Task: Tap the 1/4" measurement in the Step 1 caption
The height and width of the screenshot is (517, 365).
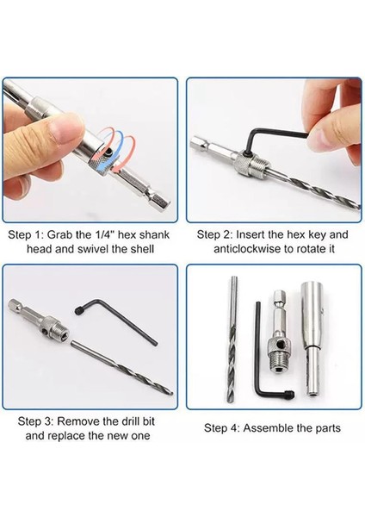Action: [x=105, y=234]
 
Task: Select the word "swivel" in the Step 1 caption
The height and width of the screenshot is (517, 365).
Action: [x=91, y=249]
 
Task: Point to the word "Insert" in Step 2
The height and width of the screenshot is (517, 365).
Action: [x=251, y=234]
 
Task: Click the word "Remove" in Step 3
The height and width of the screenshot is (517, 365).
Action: [x=78, y=421]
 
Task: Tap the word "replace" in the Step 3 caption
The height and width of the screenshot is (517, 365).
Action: [x=67, y=436]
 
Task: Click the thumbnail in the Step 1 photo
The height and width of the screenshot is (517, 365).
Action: [x=68, y=126]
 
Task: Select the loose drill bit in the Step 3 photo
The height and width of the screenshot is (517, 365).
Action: [x=121, y=366]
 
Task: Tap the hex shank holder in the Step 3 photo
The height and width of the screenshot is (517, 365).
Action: [x=37, y=321]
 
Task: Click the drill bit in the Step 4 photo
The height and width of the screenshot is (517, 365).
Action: [x=232, y=339]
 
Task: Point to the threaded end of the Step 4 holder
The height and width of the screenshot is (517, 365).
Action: [x=280, y=362]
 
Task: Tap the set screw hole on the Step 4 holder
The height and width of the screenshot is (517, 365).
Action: [x=281, y=345]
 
